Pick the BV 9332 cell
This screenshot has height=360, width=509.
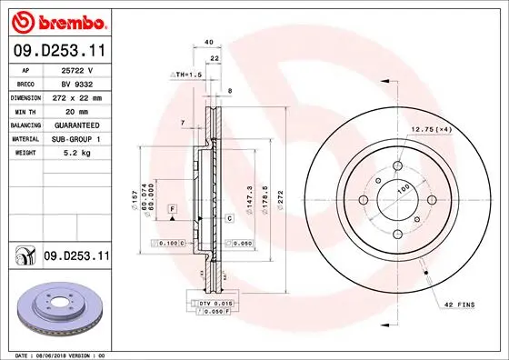[x=78, y=84]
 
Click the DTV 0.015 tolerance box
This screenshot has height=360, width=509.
[x=209, y=302]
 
